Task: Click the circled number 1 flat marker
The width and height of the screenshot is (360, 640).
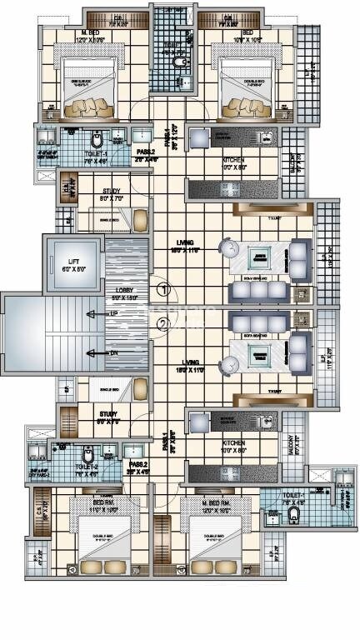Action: coord(165,290)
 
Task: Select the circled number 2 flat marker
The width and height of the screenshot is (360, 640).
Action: coord(165,325)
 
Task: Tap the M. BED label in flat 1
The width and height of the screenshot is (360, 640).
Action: coord(68,33)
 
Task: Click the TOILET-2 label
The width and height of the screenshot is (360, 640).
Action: coord(87,467)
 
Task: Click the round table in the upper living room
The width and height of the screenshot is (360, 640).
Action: coord(227,247)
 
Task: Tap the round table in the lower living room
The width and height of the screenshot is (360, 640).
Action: coord(227,363)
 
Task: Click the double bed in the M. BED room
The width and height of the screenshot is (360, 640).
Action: coord(80,83)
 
